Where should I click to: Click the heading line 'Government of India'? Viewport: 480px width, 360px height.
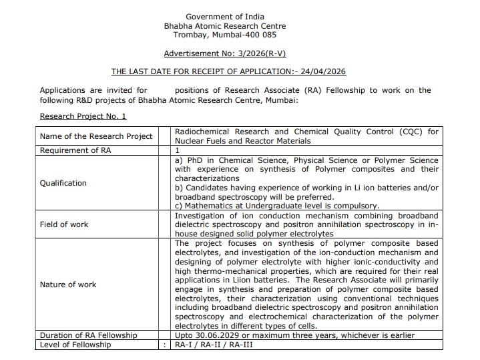tap(224, 17)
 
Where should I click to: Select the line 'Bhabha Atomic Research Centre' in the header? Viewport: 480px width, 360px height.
tap(224, 25)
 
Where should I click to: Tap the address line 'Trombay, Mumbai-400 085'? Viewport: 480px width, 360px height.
tap(224, 35)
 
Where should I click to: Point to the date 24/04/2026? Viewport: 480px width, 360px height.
tap(323, 71)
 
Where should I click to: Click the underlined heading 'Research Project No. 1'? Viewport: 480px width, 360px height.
tap(83, 116)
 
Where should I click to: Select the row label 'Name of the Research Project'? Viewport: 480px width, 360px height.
tap(97, 136)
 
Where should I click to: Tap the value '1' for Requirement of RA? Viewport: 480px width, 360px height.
tap(177, 151)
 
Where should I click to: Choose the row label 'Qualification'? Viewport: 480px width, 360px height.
tap(63, 183)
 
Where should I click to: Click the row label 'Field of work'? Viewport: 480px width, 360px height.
tap(64, 224)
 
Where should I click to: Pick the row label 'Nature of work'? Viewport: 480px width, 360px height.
tap(68, 285)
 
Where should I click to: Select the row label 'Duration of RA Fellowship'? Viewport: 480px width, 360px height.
tap(88, 335)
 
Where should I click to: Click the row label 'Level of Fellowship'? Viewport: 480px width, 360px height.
tap(75, 345)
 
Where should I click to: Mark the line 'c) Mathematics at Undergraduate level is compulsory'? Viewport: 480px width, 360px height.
tap(276, 206)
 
